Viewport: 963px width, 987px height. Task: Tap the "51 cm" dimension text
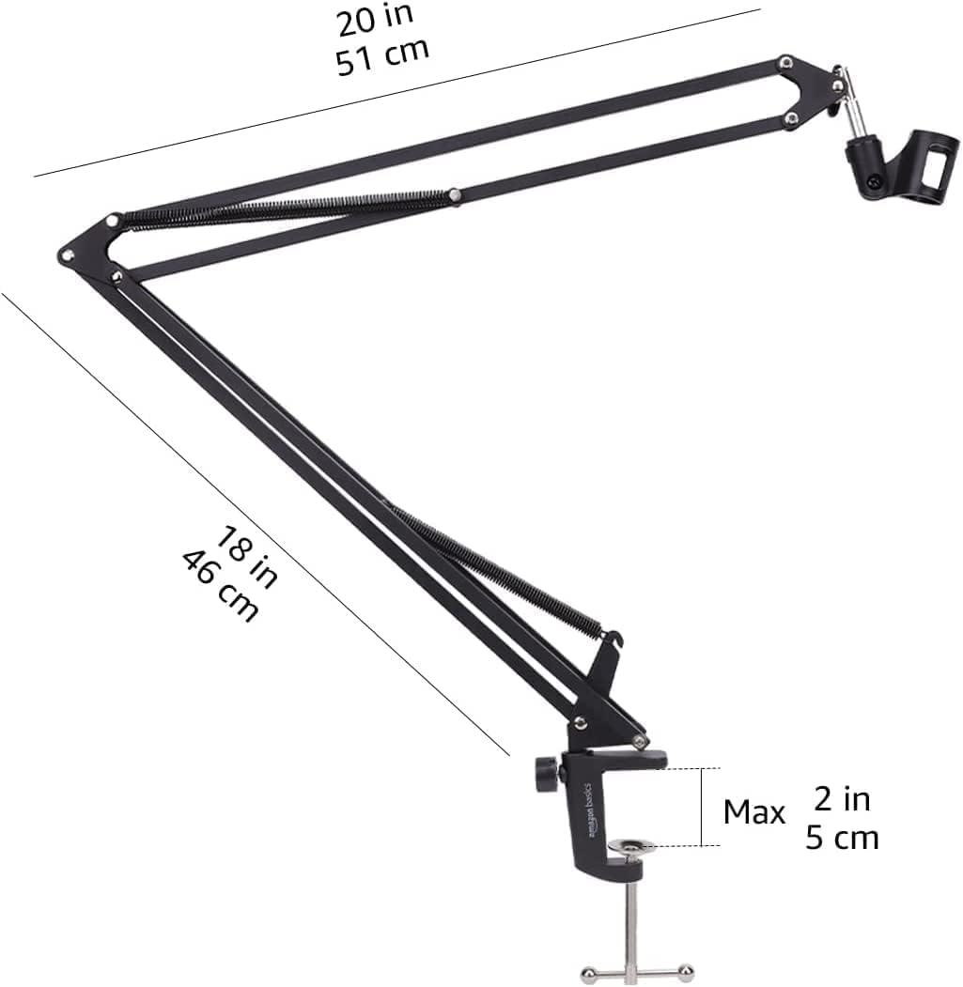point(382,56)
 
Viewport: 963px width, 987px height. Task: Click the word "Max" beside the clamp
point(753,812)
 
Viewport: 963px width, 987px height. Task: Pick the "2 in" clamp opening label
point(842,799)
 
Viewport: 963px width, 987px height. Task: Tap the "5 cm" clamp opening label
point(842,838)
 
